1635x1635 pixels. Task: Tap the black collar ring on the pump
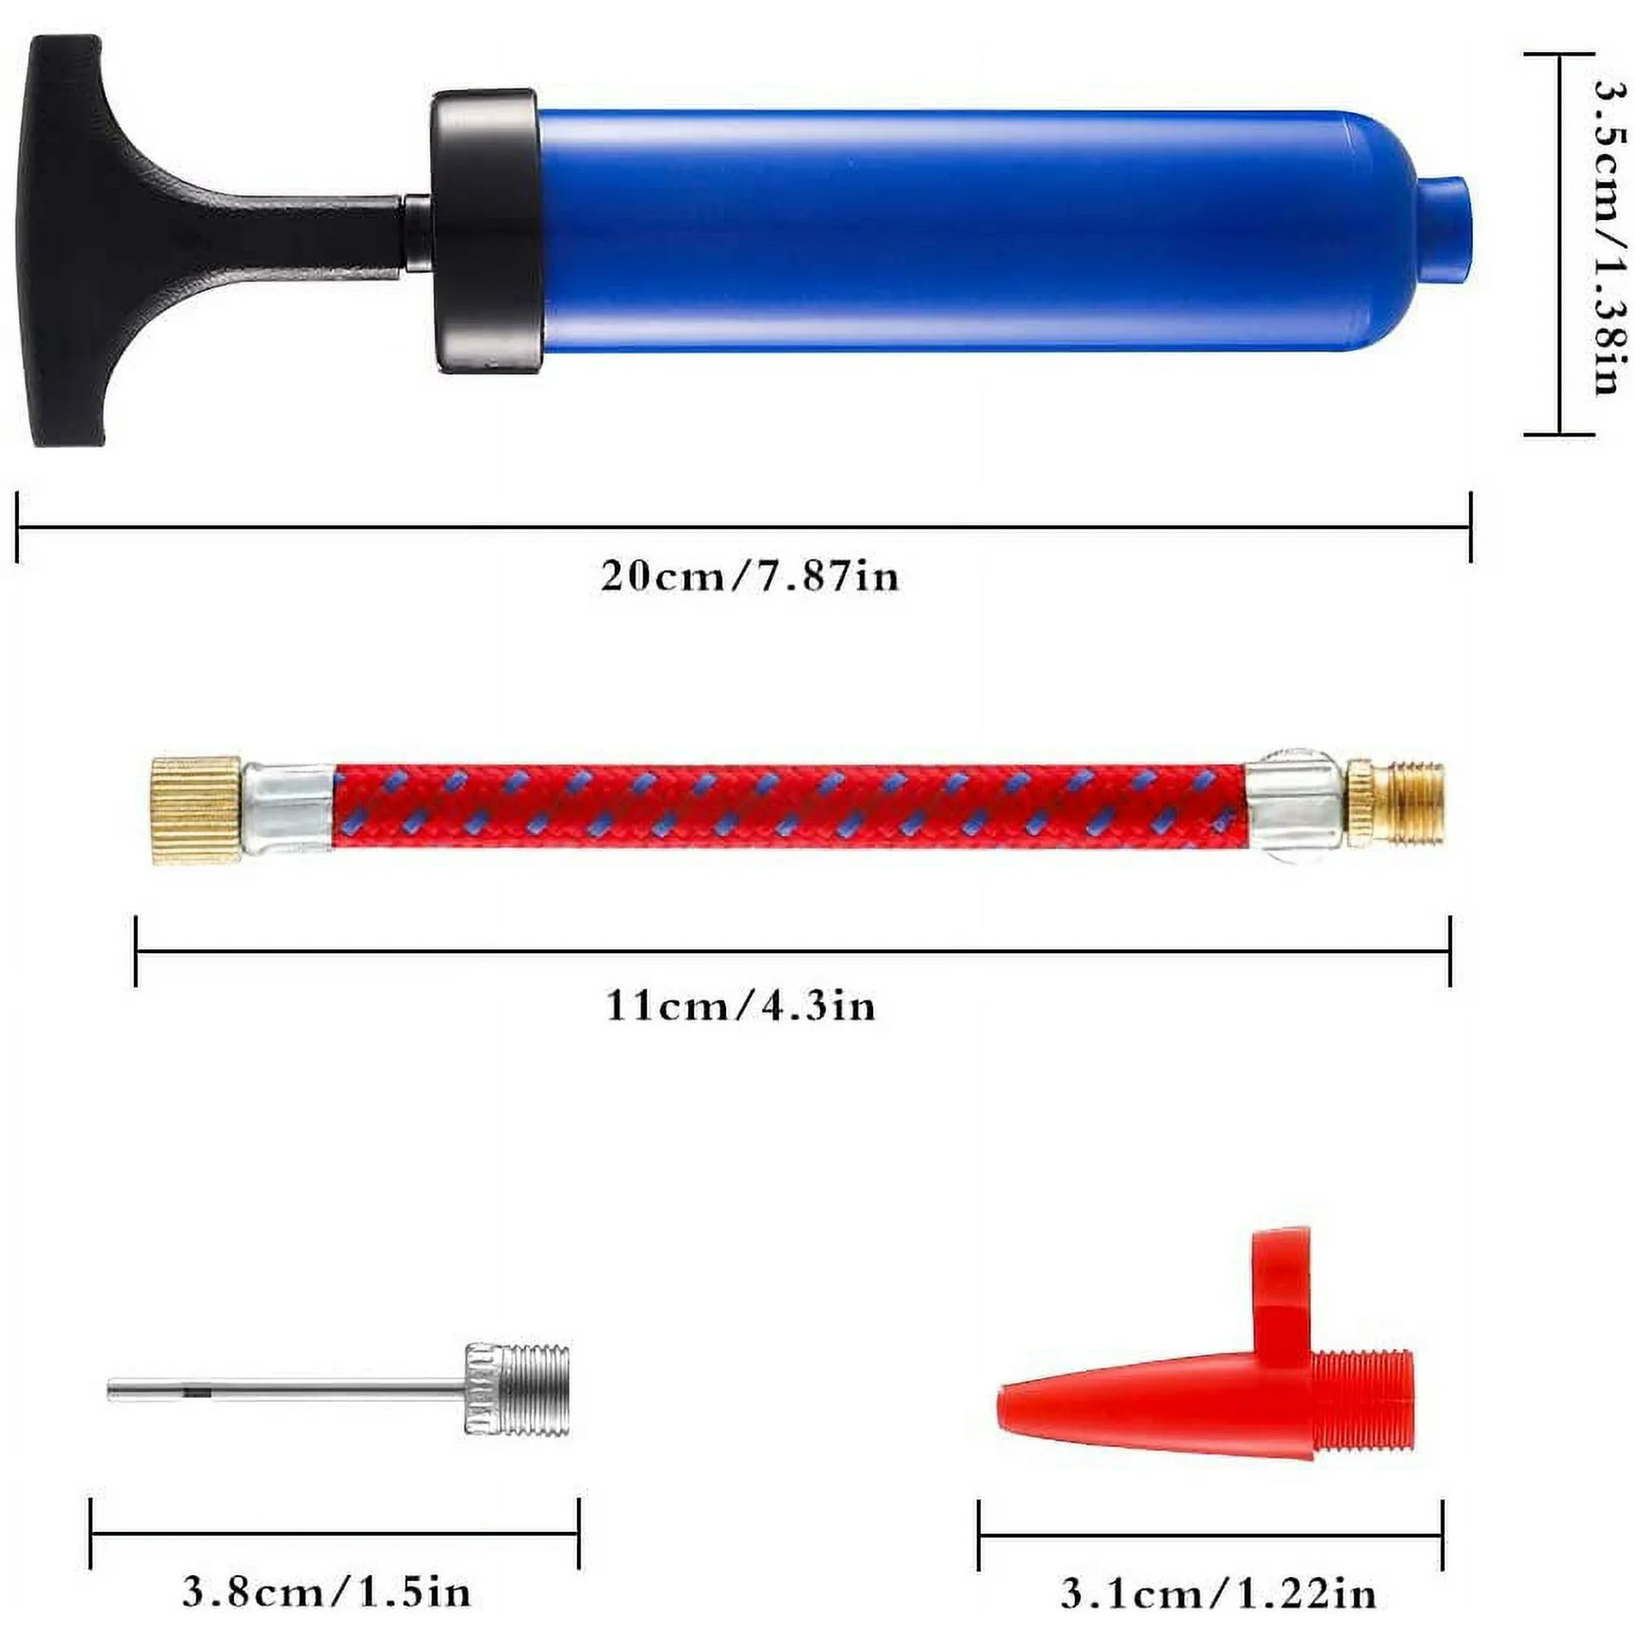pyautogui.click(x=486, y=231)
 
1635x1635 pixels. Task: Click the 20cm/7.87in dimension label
pyautogui.click(x=750, y=577)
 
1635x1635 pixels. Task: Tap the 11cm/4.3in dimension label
pyautogui.click(x=741, y=1006)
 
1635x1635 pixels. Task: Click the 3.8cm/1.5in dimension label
pyautogui.click(x=326, y=1592)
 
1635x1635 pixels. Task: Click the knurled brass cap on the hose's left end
pyautogui.click(x=196, y=810)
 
